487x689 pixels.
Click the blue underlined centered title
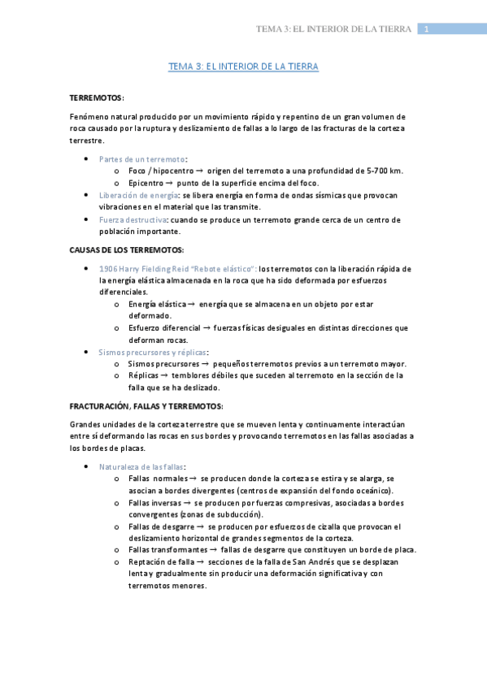pyautogui.click(x=243, y=67)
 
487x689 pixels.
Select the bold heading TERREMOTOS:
pyautogui.click(x=97, y=97)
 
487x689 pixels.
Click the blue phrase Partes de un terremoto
pyautogui.click(x=141, y=158)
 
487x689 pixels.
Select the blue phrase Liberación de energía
pyautogui.click(x=139, y=195)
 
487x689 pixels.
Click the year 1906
pyautogui.click(x=109, y=268)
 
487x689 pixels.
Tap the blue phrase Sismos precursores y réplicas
pyautogui.click(x=152, y=352)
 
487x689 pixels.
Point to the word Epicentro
pyautogui.click(x=145, y=183)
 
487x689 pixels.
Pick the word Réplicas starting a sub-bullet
pyautogui.click(x=144, y=376)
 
